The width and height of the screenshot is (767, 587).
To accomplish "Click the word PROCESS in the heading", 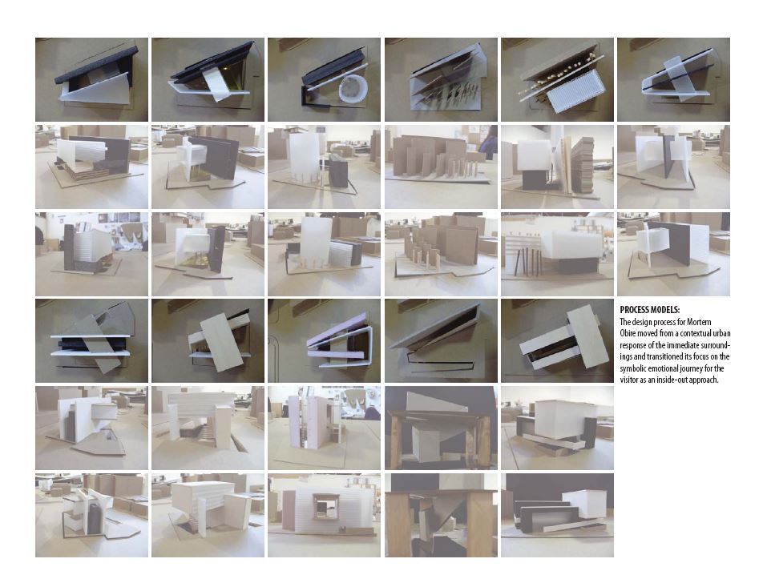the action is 636,310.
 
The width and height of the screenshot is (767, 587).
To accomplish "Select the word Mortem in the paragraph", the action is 700,322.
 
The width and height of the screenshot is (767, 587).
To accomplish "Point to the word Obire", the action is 628,334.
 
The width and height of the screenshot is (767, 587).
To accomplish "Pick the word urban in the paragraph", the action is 721,334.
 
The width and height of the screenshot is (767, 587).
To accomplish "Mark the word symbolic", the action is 634,368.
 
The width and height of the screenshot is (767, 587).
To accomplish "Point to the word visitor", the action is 630,380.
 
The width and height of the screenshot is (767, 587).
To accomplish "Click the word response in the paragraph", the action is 634,345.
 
